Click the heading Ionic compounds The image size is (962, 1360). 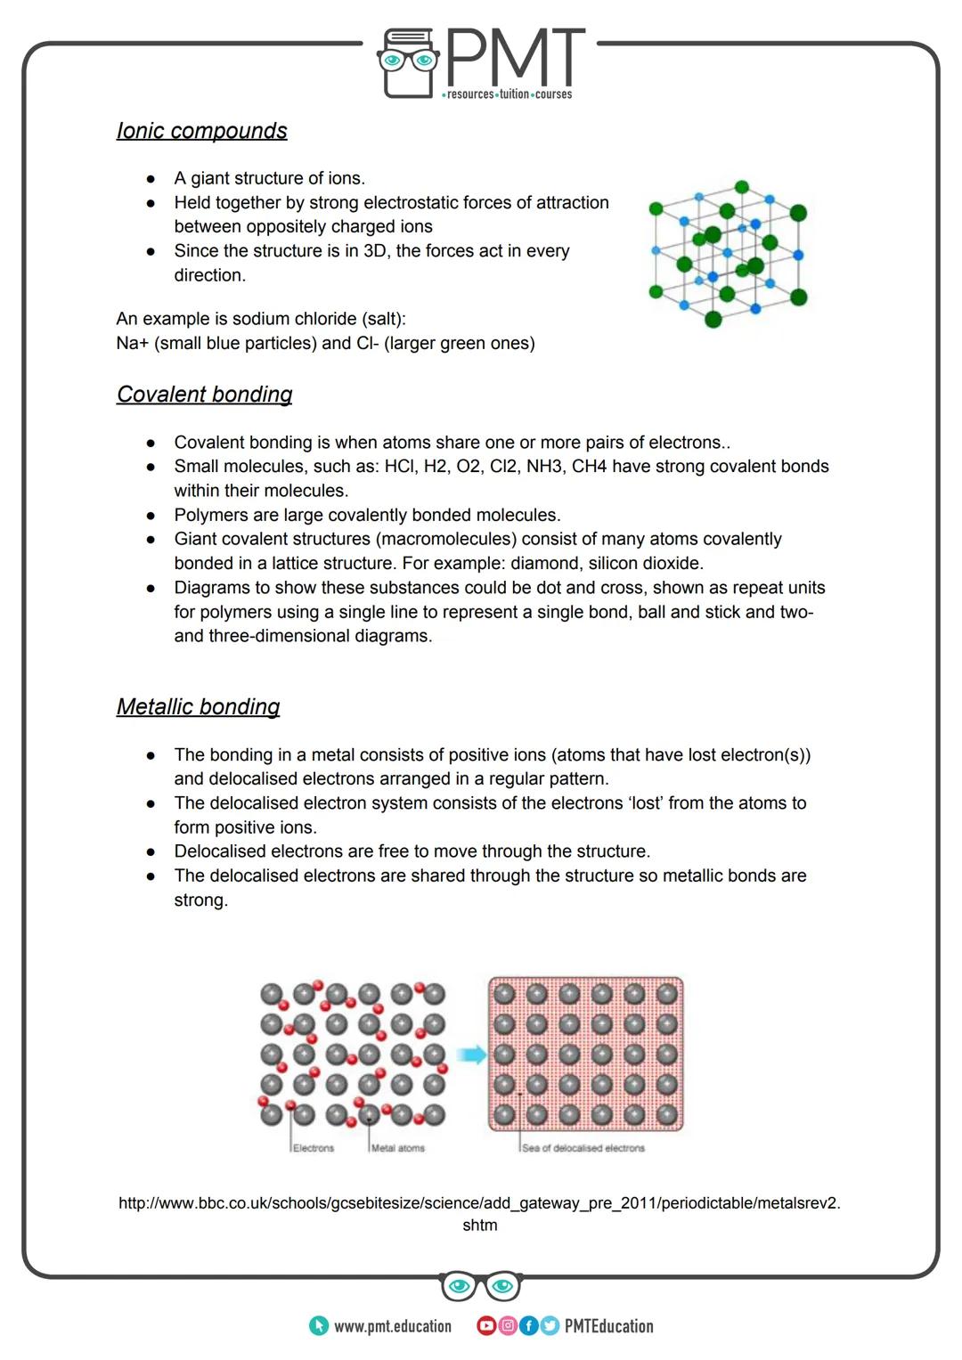pyautogui.click(x=201, y=131)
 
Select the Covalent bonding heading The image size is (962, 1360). pyautogui.click(x=204, y=395)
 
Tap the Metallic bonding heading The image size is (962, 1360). pyautogui.click(x=198, y=707)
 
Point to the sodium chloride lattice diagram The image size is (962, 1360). pyautogui.click(x=727, y=253)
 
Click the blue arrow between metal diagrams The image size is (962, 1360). pyautogui.click(x=471, y=1055)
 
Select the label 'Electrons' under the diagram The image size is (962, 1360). pyautogui.click(x=314, y=1148)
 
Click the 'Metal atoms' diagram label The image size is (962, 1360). pyautogui.click(x=398, y=1148)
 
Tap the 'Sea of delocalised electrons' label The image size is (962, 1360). pyautogui.click(x=583, y=1148)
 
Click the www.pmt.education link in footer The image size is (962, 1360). pyautogui.click(x=392, y=1326)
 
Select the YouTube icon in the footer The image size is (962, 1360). pyautogui.click(x=486, y=1326)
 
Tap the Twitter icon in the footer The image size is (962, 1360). pyautogui.click(x=549, y=1326)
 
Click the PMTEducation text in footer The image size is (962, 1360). pyautogui.click(x=609, y=1326)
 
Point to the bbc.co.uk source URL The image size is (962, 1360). pyautogui.click(x=479, y=1204)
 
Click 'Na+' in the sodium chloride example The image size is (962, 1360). pyautogui.click(x=133, y=344)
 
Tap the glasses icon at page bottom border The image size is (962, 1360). pyautogui.click(x=480, y=1285)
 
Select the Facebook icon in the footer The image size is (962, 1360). pyautogui.click(x=528, y=1326)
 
